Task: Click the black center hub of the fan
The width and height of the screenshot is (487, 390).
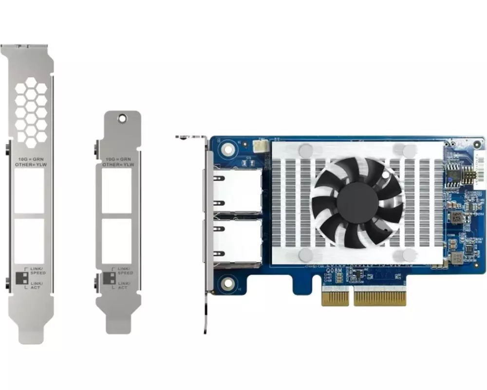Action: (357, 202)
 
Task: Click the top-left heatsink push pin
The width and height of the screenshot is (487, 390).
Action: (306, 150)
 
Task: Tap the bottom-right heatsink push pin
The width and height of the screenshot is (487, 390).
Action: (410, 254)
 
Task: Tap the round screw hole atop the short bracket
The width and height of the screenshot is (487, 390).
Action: (123, 118)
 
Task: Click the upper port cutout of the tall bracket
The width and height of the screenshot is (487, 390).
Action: (29, 191)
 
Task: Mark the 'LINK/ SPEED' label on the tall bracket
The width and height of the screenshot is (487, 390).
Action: (38, 271)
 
